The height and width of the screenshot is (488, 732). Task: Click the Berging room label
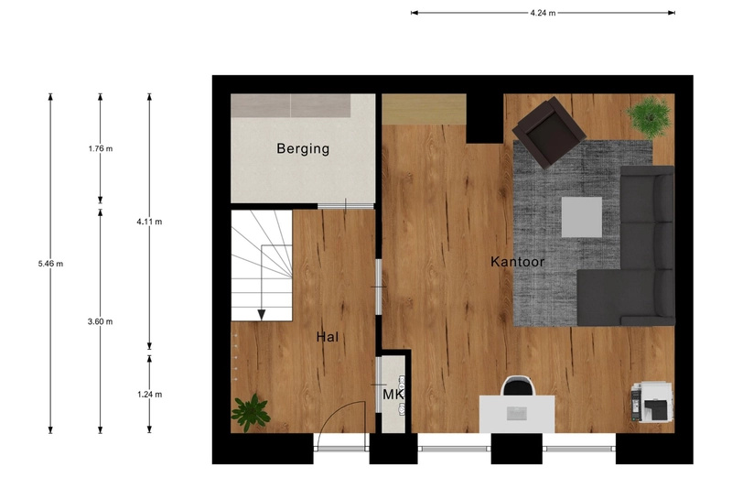(303, 148)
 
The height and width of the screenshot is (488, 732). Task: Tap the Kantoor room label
(518, 262)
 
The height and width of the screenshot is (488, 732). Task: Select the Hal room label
(328, 337)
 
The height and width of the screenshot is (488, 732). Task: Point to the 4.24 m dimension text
(543, 13)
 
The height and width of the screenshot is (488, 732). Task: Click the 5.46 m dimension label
(50, 264)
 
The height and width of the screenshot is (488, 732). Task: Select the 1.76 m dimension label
(99, 148)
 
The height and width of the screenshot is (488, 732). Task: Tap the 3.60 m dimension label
(99, 321)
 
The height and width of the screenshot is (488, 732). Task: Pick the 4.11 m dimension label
(148, 222)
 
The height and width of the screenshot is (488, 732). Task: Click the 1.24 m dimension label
(148, 395)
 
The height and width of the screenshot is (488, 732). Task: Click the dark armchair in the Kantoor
(549, 133)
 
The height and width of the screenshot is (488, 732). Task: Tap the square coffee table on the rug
(581, 217)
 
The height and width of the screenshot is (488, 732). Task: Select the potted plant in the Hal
(250, 411)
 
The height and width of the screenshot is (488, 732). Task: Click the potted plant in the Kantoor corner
(649, 115)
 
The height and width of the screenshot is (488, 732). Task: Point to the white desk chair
(518, 388)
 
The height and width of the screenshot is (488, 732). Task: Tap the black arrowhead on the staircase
(262, 315)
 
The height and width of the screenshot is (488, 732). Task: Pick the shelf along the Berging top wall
(290, 105)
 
